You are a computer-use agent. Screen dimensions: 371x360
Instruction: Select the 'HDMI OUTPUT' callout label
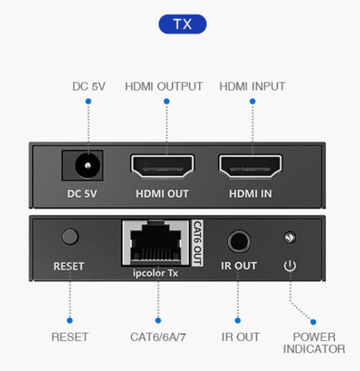[x=163, y=86]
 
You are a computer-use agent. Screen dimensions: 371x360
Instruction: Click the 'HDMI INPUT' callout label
[x=252, y=86]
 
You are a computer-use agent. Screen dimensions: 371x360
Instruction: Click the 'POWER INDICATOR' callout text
[x=314, y=343]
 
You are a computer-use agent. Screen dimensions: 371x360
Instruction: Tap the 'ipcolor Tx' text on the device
[x=155, y=273]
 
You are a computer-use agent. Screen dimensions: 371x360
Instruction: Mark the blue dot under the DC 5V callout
[x=88, y=101]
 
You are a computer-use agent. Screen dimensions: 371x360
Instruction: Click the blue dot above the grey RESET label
[x=70, y=320]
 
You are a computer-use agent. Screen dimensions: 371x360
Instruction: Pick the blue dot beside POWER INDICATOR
[x=313, y=322]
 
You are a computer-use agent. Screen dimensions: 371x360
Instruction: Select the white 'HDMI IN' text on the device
[x=250, y=194]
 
